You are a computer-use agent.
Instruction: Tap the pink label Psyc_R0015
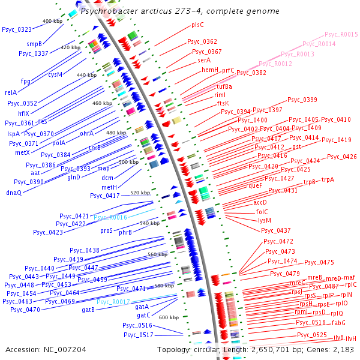click(341, 35)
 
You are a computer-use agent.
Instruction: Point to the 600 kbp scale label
click(169, 317)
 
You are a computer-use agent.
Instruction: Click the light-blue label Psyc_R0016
click(110, 217)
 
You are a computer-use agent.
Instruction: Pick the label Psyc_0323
click(17, 29)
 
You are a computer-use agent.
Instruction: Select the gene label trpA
click(328, 179)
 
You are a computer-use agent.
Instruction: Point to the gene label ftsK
click(223, 103)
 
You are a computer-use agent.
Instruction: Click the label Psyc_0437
click(275, 230)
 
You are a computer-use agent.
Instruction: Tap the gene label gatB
click(88, 310)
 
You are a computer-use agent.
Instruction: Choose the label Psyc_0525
click(312, 335)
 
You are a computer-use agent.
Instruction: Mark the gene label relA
click(11, 92)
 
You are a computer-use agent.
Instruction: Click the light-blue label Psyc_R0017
click(113, 302)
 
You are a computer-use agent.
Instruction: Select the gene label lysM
click(265, 220)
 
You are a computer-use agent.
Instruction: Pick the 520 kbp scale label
click(140, 193)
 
